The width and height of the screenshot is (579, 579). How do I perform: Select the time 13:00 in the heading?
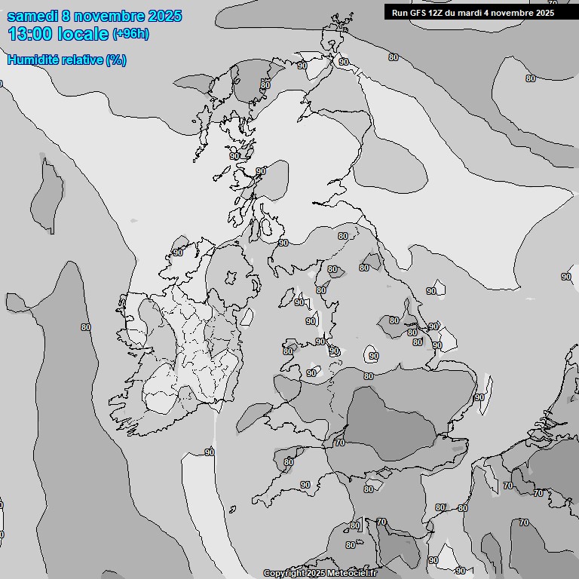31,33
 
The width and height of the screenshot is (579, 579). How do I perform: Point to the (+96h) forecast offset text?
130,34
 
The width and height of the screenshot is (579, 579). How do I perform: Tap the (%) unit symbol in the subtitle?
116,60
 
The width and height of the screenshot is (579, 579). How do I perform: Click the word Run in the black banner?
399,13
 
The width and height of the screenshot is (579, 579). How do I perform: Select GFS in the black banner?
417,13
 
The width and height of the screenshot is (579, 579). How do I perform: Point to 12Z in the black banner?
435,13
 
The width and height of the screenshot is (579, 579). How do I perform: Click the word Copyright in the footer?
283,574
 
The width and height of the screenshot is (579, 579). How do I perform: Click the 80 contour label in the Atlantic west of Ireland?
85,327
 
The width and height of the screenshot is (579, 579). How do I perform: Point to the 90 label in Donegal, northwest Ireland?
178,253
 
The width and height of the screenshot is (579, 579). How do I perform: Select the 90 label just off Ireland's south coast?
210,452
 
